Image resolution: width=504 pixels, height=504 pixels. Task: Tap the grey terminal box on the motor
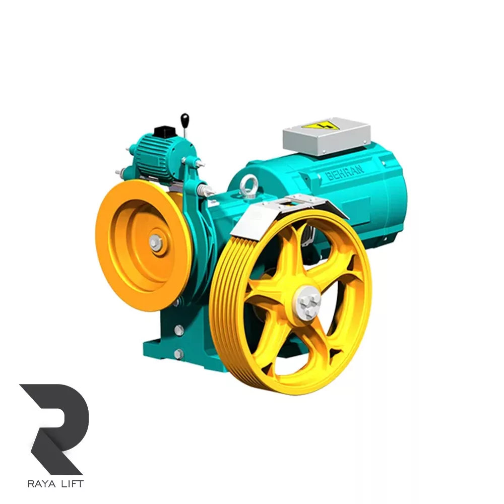point(327,137)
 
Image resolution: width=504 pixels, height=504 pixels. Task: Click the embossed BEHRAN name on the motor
point(345,171)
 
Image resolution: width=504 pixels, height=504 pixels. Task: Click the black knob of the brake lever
point(184,119)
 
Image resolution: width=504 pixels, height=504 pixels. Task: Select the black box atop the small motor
point(165,132)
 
